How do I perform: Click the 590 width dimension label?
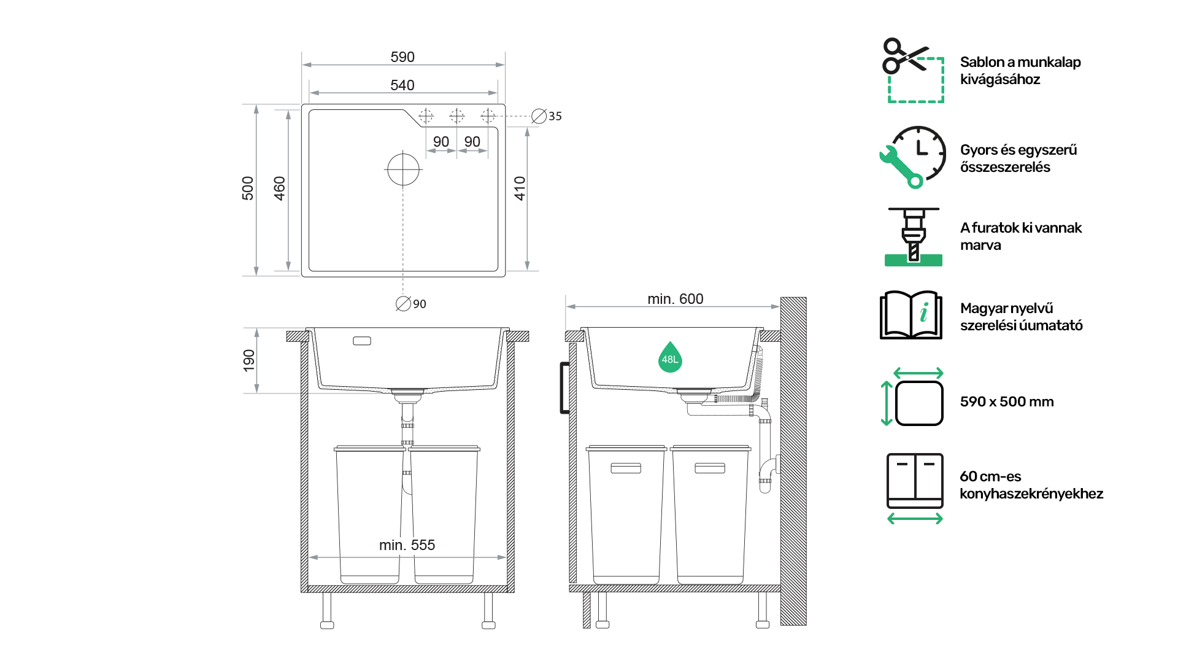pos(402,57)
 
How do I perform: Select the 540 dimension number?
pos(402,85)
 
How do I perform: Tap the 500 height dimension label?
pos(248,188)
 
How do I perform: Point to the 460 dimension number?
pos(280,188)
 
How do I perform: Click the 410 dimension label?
pos(520,188)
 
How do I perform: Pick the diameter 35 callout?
pos(547,116)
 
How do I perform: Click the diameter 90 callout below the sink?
pos(411,304)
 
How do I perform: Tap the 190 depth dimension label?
pos(249,360)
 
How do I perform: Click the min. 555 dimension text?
pos(407,545)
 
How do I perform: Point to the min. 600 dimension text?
pos(676,299)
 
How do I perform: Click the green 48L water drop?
pos(670,357)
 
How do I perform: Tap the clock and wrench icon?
pos(912,157)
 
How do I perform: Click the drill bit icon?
pos(914,237)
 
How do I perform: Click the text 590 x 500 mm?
pos(1007,401)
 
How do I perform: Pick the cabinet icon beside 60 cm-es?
pos(915,489)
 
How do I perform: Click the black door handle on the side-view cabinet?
pos(563,388)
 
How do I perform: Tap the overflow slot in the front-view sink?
pos(362,341)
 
